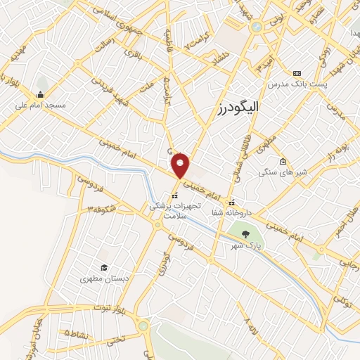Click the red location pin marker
click(181, 165)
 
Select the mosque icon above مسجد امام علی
click(40, 95)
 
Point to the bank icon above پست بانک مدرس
click(296, 74)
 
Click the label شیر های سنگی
click(282, 172)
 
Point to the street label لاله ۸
click(249, 326)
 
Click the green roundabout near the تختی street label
click(144, 326)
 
